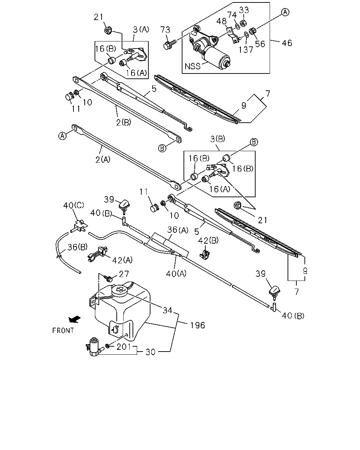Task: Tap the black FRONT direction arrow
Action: tap(75, 319)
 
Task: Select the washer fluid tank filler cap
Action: tap(120, 290)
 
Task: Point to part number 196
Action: tap(198, 325)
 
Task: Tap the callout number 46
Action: tap(287, 43)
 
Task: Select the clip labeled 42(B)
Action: tap(204, 255)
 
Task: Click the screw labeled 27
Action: tap(109, 278)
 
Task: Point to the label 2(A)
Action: tap(103, 160)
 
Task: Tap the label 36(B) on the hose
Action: tap(77, 247)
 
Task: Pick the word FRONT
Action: tap(63, 330)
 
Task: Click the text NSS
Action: tap(192, 66)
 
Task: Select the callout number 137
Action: tap(246, 50)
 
